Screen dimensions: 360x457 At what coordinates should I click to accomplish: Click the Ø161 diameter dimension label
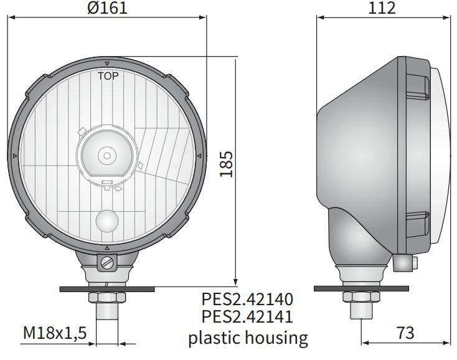pos(108,9)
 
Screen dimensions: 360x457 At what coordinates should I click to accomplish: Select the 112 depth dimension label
pos(382,9)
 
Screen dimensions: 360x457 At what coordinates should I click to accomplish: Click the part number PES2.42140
pos(248,299)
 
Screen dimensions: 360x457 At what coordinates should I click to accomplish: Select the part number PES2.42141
pos(248,318)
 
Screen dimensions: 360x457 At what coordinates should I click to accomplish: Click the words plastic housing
pos(248,338)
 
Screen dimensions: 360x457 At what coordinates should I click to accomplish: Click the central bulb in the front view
pos(107,154)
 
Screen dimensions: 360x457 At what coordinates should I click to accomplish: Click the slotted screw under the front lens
pos(107,263)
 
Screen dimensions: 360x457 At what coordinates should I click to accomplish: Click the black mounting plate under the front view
pos(107,288)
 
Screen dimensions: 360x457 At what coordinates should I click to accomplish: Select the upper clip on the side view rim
pos(418,85)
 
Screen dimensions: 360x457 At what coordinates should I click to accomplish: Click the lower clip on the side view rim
pos(418,223)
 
